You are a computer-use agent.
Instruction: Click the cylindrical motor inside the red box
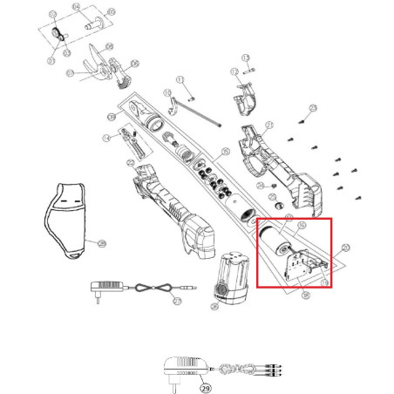coord(275,240)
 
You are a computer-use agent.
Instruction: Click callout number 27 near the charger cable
coord(177,301)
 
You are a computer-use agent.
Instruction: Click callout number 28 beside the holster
coord(102,242)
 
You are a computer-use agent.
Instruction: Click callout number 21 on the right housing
coord(269,126)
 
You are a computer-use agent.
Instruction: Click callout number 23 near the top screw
coord(314,107)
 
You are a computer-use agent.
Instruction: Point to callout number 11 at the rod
coord(180,80)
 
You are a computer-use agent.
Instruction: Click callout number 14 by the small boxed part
coord(106,138)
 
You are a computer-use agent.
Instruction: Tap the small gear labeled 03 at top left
coord(58,32)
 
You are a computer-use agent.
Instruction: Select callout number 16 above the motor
coord(302,225)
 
